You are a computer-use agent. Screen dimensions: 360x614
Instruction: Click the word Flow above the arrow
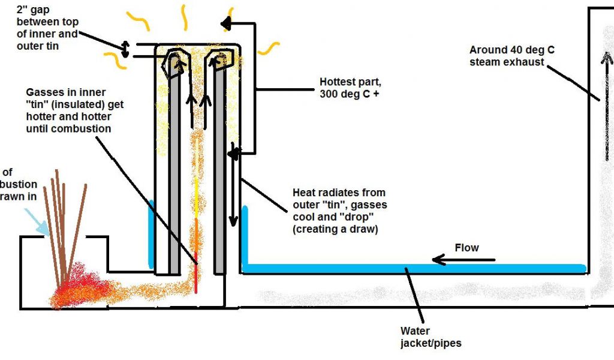[467, 248]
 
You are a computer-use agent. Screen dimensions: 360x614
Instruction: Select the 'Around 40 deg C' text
[511, 50]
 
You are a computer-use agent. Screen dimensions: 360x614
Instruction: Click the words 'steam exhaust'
[507, 62]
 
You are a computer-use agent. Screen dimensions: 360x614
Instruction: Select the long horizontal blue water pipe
[414, 268]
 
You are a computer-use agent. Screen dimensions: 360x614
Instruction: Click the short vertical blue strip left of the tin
[151, 234]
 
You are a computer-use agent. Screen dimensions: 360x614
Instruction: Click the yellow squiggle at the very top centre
[183, 18]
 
